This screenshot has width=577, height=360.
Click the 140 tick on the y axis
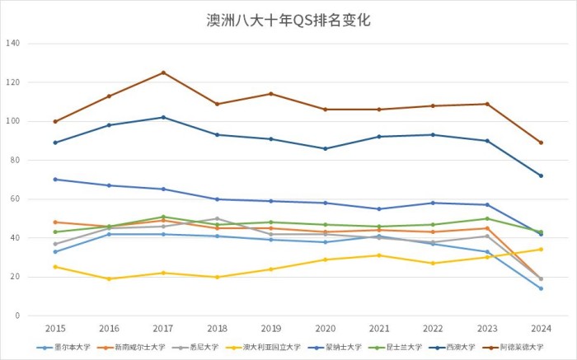click(13, 44)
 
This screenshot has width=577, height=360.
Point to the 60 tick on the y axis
click(15, 199)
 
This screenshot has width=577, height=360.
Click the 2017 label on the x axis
click(163, 329)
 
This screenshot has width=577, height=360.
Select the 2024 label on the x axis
click(541, 329)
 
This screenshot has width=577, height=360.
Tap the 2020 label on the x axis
click(325, 329)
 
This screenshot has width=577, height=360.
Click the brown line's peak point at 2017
click(163, 72)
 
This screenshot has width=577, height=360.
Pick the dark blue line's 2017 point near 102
click(163, 117)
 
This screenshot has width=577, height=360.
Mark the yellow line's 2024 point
click(541, 250)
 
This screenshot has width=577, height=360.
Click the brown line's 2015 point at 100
click(55, 121)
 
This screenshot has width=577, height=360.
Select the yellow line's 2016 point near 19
click(109, 278)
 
